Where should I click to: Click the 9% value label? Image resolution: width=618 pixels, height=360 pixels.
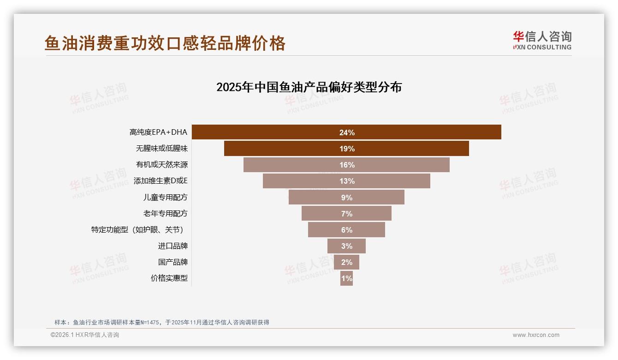[x=346, y=198]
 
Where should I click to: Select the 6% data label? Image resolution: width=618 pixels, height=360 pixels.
[x=346, y=230]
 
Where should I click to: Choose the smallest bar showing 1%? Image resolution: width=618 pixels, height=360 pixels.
[x=346, y=278]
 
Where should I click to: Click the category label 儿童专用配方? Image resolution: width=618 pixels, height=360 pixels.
[x=165, y=198]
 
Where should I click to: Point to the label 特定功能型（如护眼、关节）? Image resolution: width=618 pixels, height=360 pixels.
[x=139, y=230]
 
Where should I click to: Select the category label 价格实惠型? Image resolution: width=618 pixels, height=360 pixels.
[x=169, y=278]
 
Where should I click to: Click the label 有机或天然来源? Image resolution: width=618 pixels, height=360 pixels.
[x=161, y=165]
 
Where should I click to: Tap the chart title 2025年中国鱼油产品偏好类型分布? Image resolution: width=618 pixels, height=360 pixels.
[x=309, y=87]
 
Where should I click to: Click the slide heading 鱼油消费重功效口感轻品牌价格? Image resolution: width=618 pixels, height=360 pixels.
[x=165, y=43]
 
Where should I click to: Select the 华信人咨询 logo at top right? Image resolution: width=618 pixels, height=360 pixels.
[x=542, y=40]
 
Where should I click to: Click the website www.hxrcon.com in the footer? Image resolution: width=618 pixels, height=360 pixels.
[x=535, y=335]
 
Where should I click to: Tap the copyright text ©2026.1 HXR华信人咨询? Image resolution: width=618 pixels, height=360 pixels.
[x=84, y=335]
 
